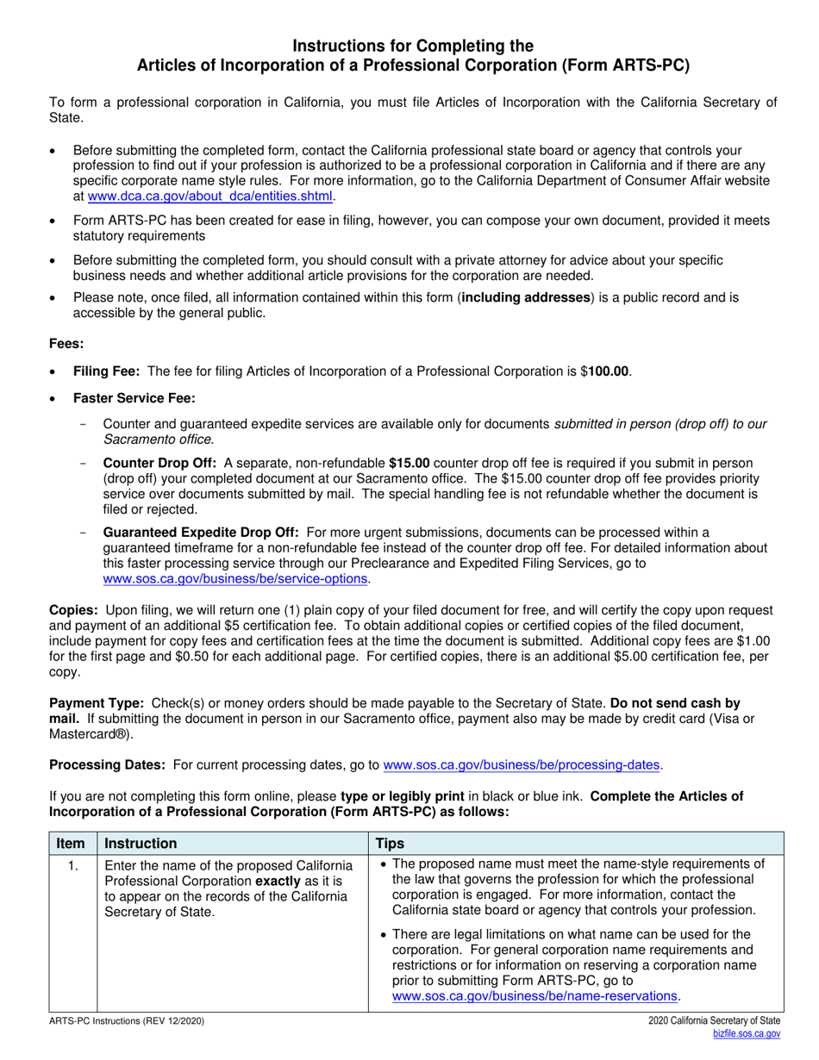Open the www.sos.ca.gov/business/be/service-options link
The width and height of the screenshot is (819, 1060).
(x=236, y=579)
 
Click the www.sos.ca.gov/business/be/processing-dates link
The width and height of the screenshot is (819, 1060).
(x=522, y=764)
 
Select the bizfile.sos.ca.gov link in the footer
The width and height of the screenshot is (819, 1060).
(x=747, y=1033)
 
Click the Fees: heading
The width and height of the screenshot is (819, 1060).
(x=66, y=344)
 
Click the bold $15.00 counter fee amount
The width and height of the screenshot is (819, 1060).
(x=409, y=463)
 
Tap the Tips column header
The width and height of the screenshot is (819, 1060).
(x=391, y=844)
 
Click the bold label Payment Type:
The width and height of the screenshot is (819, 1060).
(x=97, y=703)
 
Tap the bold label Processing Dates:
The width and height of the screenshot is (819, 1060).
(x=107, y=764)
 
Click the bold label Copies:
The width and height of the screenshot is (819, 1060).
(x=73, y=610)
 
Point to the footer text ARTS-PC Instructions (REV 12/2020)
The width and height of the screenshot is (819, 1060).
(x=127, y=1021)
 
